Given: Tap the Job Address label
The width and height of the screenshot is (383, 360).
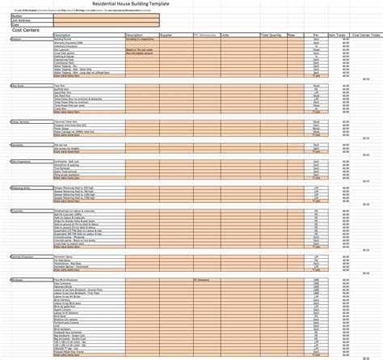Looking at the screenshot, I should click(20, 20).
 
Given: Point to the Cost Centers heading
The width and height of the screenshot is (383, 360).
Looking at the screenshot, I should click(28, 30).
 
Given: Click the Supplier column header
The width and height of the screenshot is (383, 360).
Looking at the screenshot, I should click(166, 36).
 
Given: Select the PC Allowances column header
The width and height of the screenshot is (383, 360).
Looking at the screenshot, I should click(205, 36).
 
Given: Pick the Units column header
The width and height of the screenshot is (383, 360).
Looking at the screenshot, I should click(225, 36).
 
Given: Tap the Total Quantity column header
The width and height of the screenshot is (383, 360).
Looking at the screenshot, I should click(271, 36).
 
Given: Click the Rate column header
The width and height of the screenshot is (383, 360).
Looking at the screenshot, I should click(291, 36).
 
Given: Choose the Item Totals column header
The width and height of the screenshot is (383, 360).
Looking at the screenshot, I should click(339, 36).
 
